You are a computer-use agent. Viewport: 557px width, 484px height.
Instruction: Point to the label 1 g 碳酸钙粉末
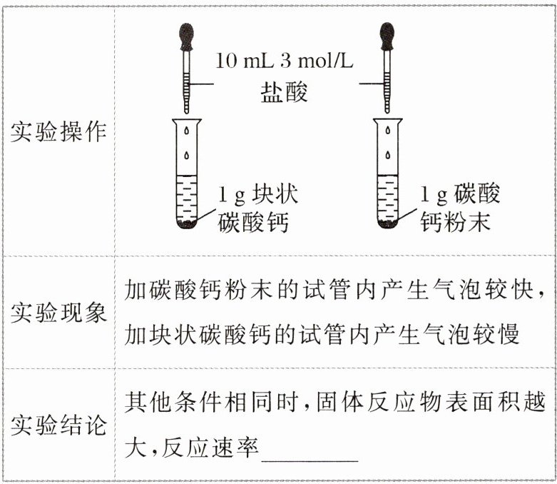coord(460,208)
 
